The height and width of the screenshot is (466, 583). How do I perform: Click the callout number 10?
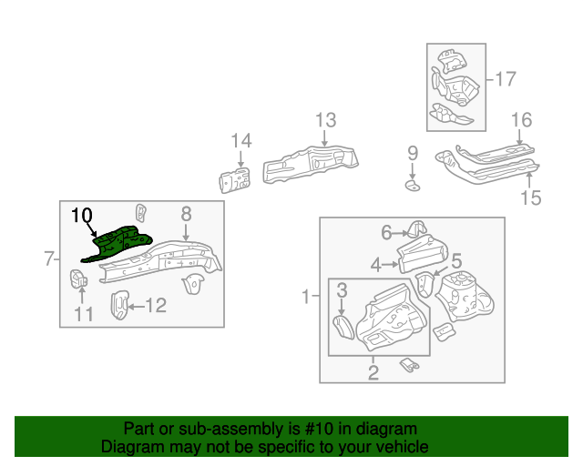82,216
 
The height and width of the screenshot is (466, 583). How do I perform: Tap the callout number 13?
325,120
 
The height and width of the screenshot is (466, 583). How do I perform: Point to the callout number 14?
240,140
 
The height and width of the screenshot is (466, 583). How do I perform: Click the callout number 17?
505,79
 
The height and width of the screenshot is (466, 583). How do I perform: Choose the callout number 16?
520,120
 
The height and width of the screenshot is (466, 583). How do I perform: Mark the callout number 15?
530,198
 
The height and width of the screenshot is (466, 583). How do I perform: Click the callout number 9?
412,152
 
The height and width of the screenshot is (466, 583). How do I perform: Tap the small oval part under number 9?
412,186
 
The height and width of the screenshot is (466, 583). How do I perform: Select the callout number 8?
186,214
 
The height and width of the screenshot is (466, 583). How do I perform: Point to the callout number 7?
50,259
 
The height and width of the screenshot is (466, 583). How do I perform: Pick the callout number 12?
84,316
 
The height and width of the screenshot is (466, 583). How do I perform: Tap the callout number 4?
374,266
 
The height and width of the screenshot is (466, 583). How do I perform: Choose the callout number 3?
342,291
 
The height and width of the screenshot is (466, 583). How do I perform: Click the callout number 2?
373,371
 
